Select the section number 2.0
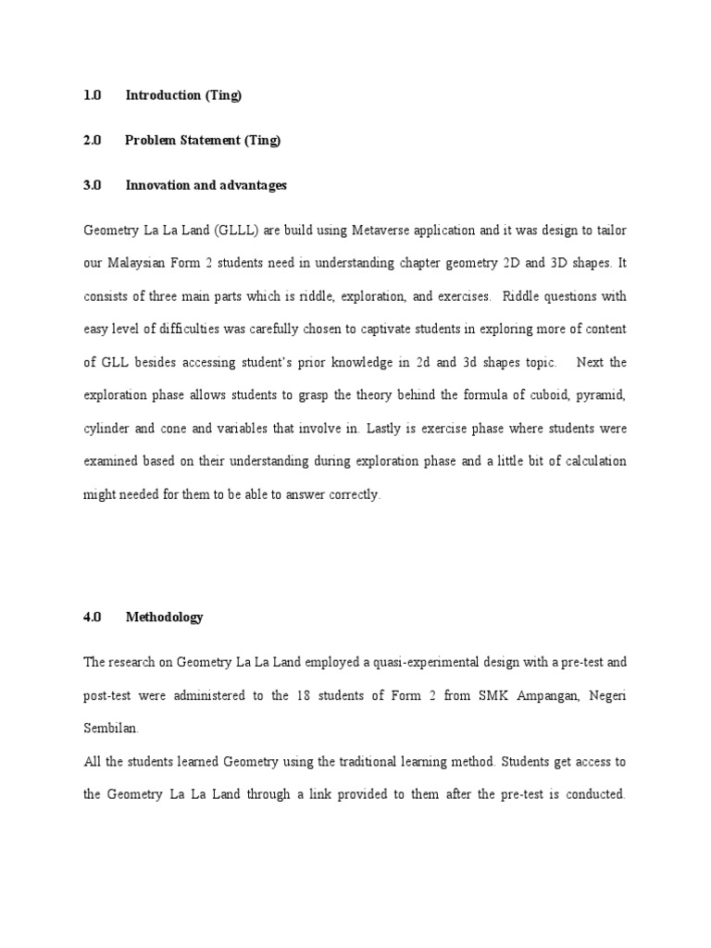(92, 141)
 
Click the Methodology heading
(164, 617)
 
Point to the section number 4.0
(92, 617)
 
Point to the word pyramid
(602, 395)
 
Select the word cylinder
(107, 429)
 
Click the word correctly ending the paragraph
(351, 495)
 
